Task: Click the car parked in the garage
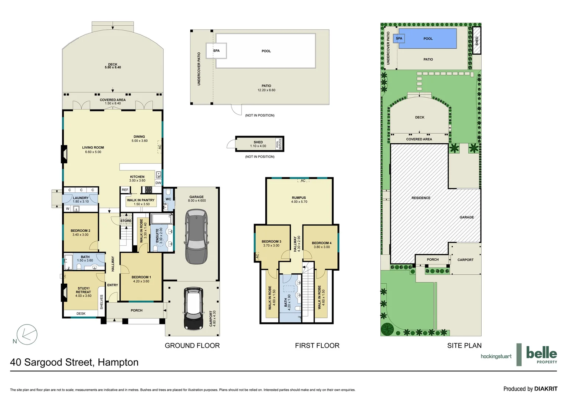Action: point(196,237)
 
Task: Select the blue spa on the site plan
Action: point(399,39)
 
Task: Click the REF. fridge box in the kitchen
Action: point(125,190)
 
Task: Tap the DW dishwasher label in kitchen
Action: point(158,183)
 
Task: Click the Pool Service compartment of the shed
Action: point(280,144)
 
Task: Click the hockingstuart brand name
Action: point(496,356)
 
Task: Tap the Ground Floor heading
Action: point(192,346)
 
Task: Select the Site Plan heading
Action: point(464,346)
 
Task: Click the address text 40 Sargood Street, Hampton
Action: point(74,362)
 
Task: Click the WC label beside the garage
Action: point(168,199)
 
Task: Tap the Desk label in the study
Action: point(81,314)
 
